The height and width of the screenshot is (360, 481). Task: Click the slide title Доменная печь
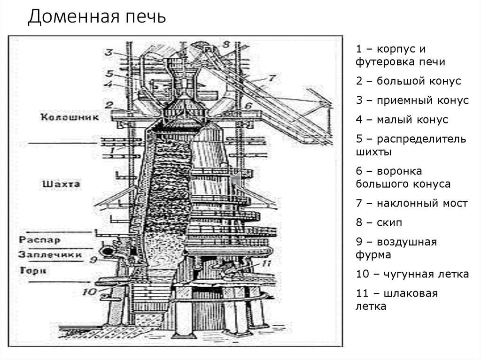(97, 17)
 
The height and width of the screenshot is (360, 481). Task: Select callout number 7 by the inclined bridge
(271, 77)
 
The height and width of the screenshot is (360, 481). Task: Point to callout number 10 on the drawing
(89, 291)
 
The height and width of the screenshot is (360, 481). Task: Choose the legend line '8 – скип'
(379, 223)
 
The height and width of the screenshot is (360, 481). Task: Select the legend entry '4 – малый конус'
(402, 120)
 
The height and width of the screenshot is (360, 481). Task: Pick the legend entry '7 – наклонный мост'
(411, 204)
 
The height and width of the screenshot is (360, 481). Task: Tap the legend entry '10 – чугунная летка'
(412, 275)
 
